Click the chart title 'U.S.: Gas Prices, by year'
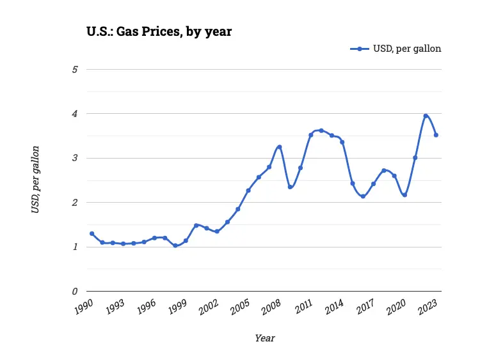point(159,31)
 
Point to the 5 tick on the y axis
point(75,69)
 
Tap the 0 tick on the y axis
point(75,292)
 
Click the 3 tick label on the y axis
point(75,158)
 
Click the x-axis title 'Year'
point(264,338)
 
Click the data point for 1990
point(92,233)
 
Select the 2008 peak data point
point(280,147)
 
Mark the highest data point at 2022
point(426,116)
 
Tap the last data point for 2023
point(436,135)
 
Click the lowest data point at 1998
point(175,246)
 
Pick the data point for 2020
point(404,195)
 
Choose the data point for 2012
point(321,130)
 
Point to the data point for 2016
point(363,196)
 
